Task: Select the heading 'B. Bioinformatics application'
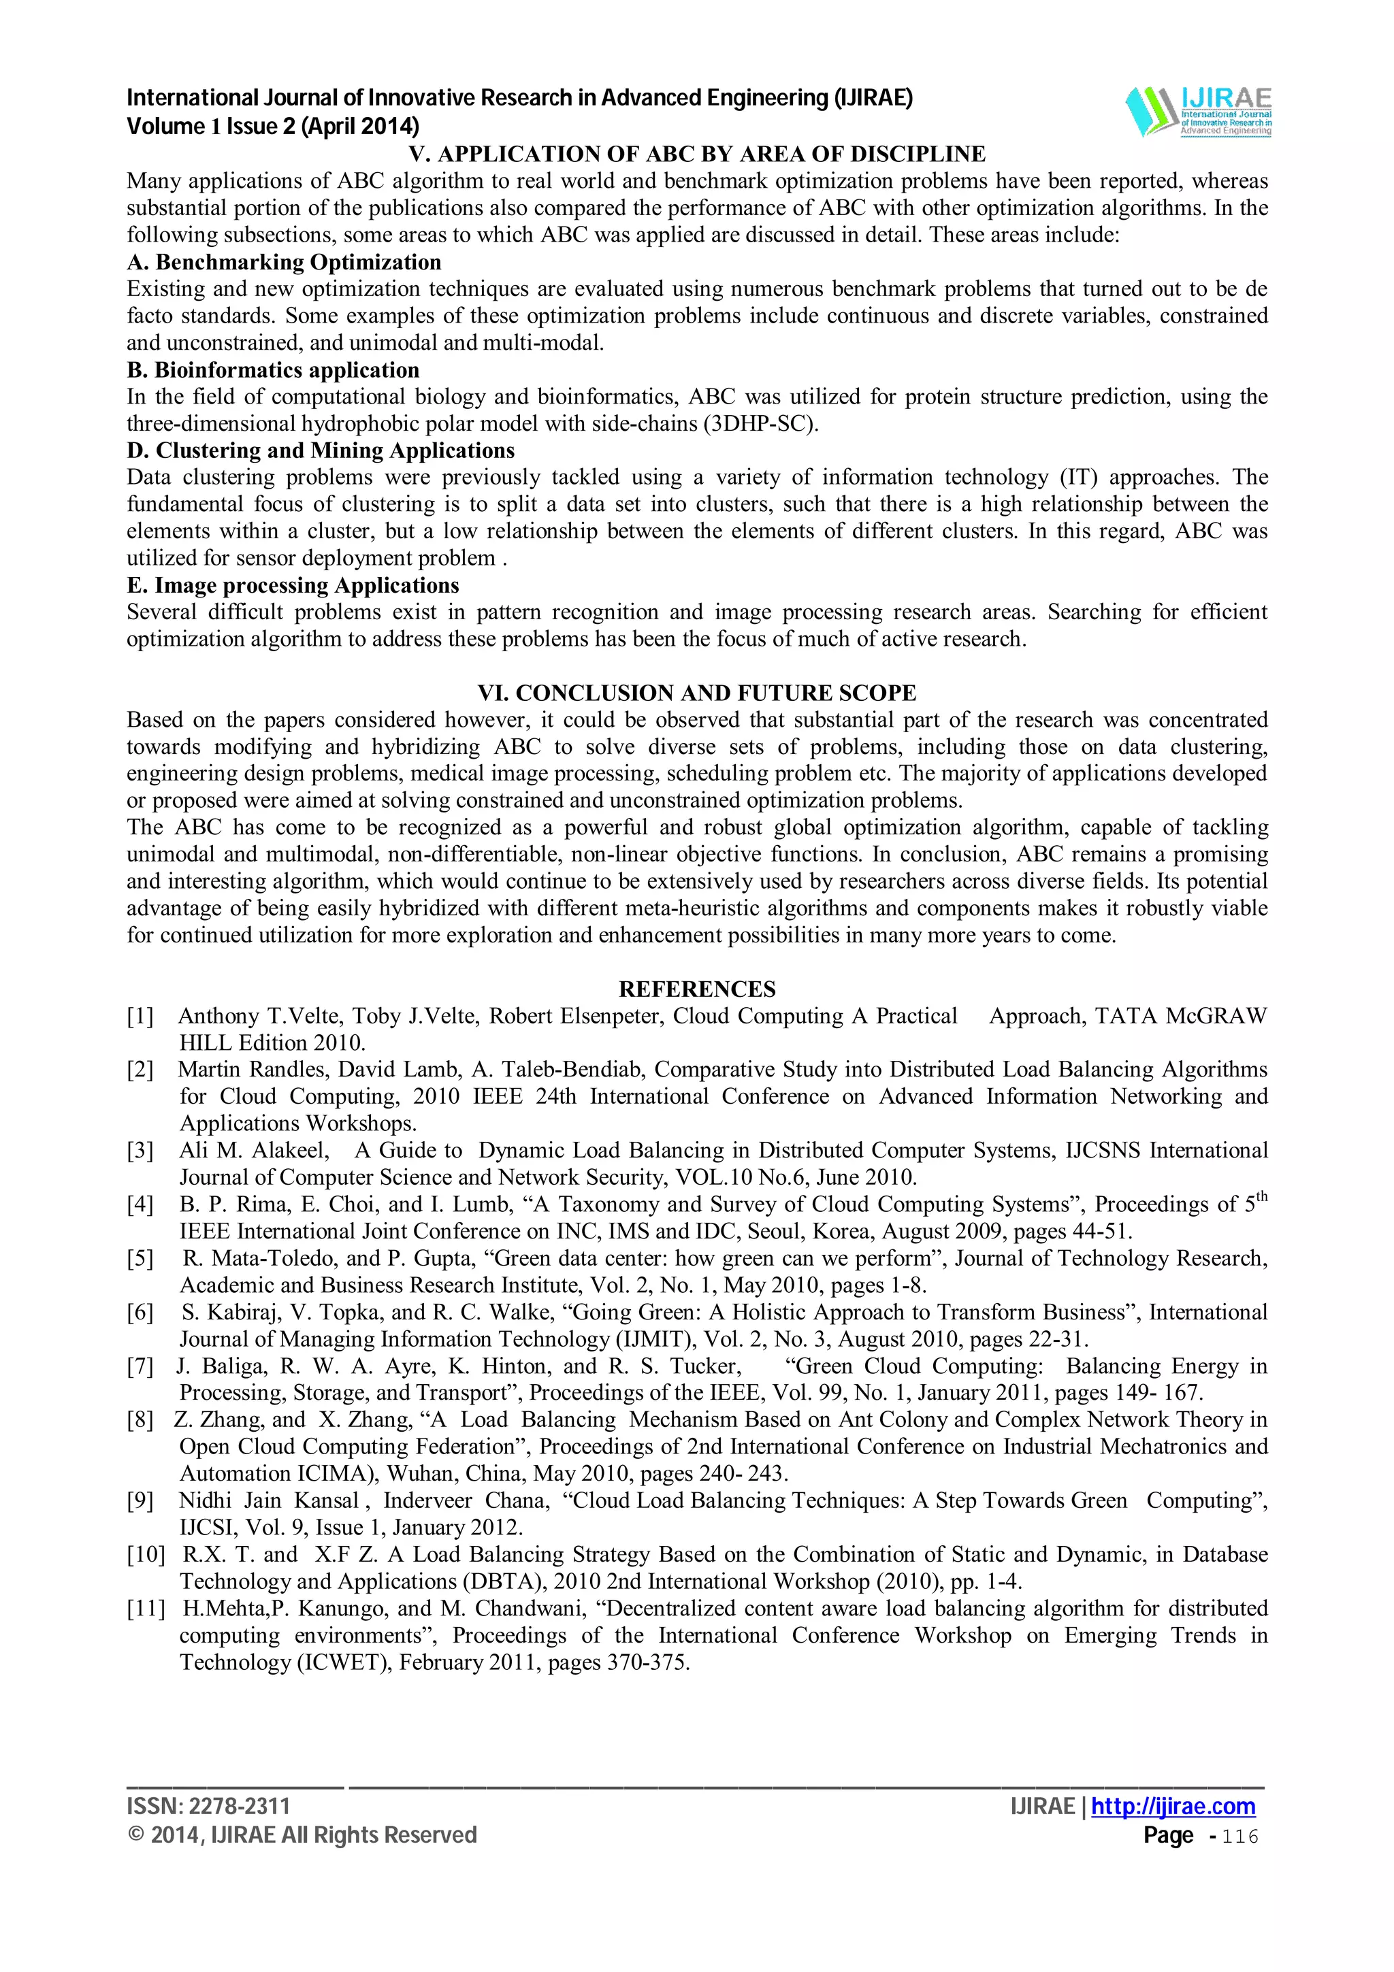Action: [273, 370]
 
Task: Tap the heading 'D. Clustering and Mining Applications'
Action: [321, 451]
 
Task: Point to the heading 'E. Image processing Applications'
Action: [293, 586]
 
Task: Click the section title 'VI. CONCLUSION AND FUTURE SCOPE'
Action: [696, 693]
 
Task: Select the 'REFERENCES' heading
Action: [696, 989]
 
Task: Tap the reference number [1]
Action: [140, 1017]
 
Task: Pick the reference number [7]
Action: [140, 1366]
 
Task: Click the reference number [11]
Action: [145, 1609]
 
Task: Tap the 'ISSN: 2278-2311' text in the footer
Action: [209, 1806]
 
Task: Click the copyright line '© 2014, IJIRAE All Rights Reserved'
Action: [302, 1835]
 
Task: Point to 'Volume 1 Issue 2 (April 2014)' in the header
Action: [273, 127]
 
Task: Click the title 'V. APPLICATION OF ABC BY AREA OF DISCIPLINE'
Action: [696, 154]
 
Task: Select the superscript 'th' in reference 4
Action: [1261, 1196]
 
